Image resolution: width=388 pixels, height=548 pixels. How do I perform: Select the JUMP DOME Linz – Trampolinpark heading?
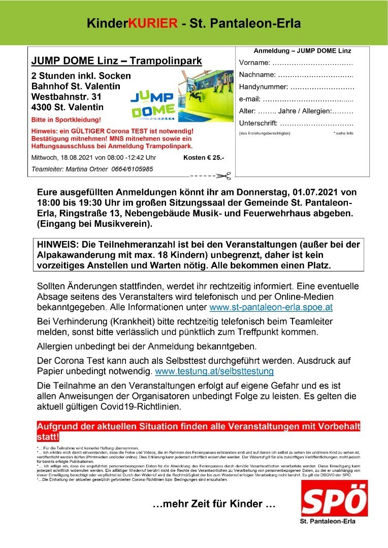pyautogui.click(x=116, y=61)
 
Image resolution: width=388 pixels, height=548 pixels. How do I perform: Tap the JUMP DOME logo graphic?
pyautogui.click(x=153, y=105)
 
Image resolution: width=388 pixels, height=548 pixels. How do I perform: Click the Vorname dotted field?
pyautogui.click(x=312, y=63)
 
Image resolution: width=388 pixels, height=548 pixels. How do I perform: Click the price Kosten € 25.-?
pyautogui.click(x=203, y=158)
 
